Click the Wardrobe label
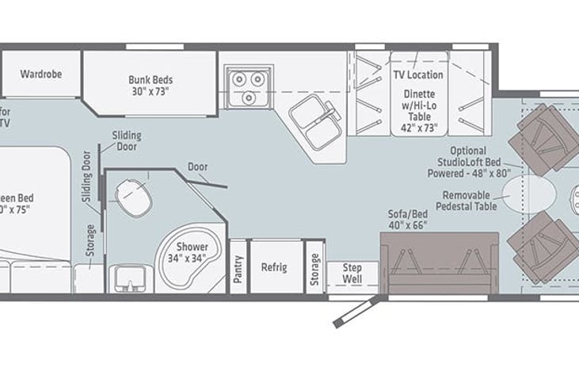point(41,74)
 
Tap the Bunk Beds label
point(150,85)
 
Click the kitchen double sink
point(314,123)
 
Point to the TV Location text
point(418,75)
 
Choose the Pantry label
point(238,267)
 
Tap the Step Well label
point(352,274)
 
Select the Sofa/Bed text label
point(407,220)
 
